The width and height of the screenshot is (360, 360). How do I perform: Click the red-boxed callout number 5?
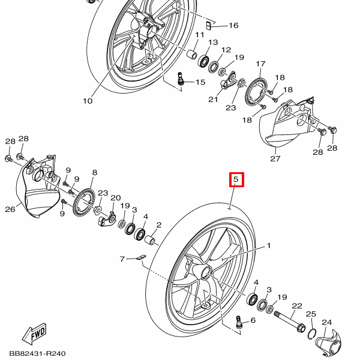coord(236,179)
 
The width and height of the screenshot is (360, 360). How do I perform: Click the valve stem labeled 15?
coord(182,78)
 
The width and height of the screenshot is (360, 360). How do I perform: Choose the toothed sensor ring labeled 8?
coord(83,201)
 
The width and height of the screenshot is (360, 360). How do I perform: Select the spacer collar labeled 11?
coord(193,56)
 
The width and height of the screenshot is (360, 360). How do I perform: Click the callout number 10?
coord(88,101)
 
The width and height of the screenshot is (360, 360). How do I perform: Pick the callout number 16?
coord(233,25)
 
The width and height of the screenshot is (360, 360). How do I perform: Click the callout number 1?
coord(269,245)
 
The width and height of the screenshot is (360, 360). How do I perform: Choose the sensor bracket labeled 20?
coord(107,221)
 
